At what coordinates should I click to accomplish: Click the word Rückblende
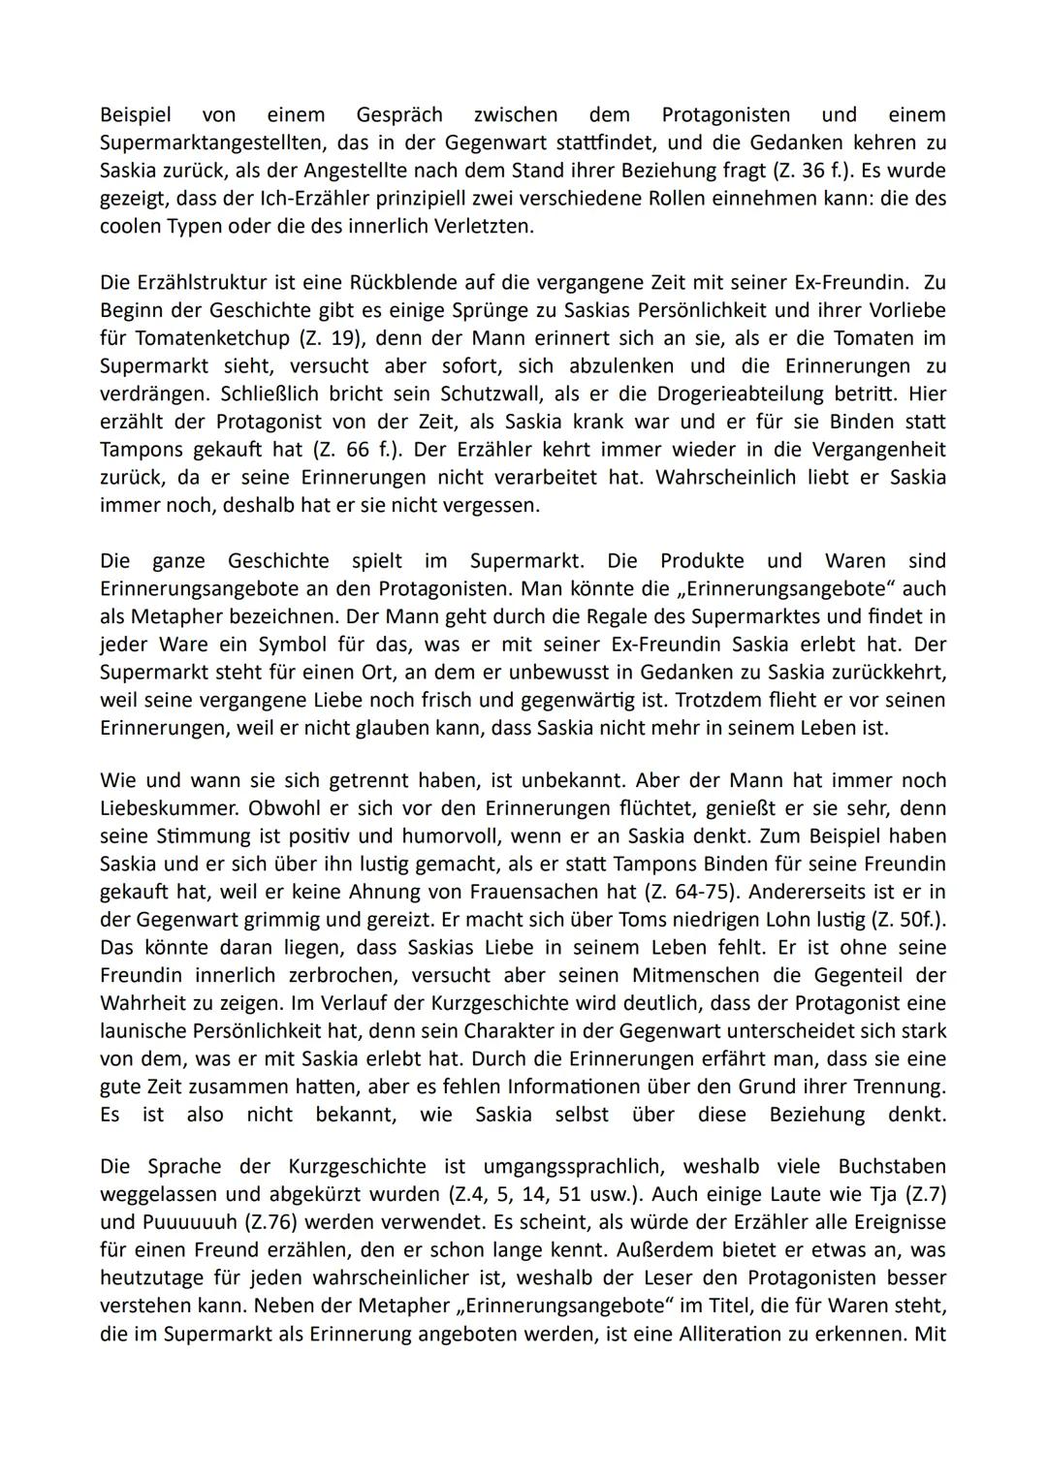[x=390, y=283]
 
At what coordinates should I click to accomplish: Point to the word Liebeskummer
[x=162, y=808]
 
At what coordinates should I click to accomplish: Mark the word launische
[x=144, y=1030]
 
